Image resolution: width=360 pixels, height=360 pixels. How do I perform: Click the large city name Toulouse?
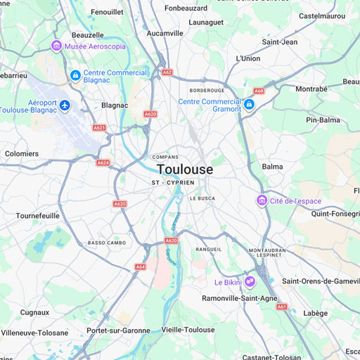click(x=185, y=169)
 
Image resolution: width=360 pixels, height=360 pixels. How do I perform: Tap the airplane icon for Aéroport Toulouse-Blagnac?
click(x=65, y=105)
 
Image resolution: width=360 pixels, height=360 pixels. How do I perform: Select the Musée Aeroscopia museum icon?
click(x=56, y=46)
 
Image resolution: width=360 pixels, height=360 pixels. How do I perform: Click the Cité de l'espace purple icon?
click(x=262, y=201)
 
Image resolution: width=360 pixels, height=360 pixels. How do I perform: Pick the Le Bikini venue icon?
click(x=250, y=282)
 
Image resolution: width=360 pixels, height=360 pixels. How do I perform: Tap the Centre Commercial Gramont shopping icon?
click(x=249, y=105)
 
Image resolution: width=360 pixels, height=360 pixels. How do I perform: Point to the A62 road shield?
click(x=167, y=72)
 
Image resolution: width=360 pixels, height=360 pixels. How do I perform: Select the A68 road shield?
click(x=259, y=91)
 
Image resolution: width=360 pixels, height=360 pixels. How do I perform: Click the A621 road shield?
click(x=99, y=128)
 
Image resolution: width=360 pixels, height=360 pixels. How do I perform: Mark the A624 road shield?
click(x=103, y=162)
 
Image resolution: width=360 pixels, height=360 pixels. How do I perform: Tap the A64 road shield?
click(x=141, y=266)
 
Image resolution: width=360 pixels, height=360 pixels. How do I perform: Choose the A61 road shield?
click(x=282, y=307)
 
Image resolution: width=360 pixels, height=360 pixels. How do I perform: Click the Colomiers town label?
click(x=22, y=153)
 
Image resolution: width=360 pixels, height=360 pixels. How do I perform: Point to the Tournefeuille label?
click(x=39, y=215)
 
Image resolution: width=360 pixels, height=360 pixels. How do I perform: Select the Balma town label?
click(x=272, y=167)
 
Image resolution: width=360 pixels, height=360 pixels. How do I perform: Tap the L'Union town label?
click(x=248, y=58)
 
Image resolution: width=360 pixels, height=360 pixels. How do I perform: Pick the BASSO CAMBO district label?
click(x=107, y=243)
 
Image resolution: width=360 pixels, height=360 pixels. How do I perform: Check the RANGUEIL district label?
click(x=209, y=249)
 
